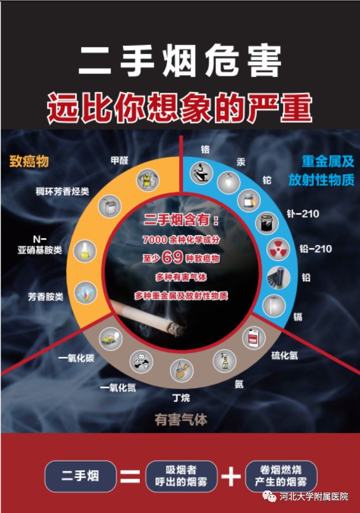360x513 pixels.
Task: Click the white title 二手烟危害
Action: [180, 61]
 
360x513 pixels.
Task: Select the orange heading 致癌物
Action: [29, 161]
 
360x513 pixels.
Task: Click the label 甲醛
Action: [119, 160]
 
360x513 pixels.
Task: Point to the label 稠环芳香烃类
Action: [62, 191]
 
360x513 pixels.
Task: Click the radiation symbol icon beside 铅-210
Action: [278, 249]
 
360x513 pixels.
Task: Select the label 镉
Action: [298, 317]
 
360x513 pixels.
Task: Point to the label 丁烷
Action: [181, 398]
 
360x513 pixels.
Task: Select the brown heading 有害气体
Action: [181, 419]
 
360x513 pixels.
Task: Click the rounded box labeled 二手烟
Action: [80, 476]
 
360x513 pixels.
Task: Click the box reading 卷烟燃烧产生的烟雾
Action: [281, 476]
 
